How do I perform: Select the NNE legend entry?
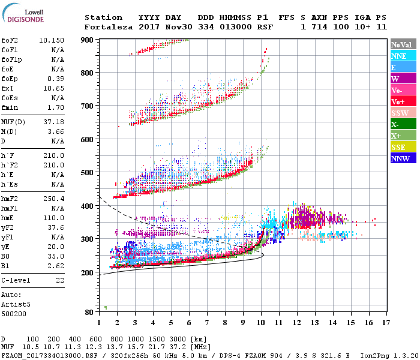point(399,56)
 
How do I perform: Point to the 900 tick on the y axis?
point(88,40)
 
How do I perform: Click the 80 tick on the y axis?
point(89,312)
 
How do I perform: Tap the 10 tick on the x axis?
point(260,323)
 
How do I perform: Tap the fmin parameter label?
point(10,107)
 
